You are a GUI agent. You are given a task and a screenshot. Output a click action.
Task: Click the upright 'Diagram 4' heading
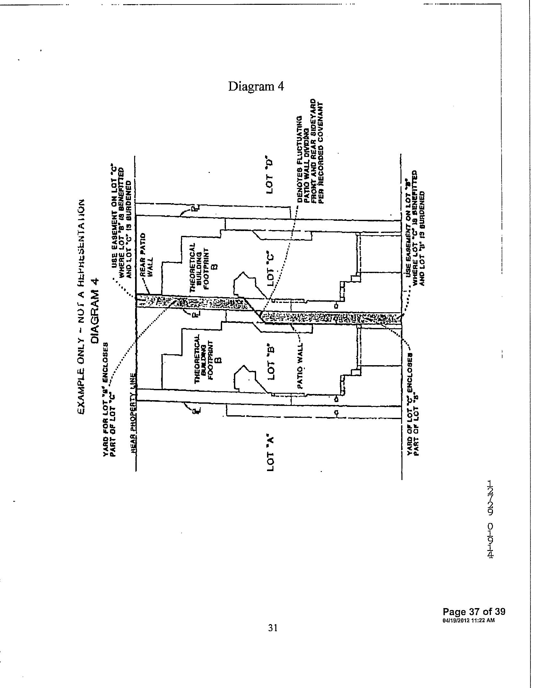256,87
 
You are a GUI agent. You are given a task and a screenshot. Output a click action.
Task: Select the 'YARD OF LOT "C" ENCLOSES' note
413,404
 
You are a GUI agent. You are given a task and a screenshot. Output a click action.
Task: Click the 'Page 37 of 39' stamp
474,611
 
